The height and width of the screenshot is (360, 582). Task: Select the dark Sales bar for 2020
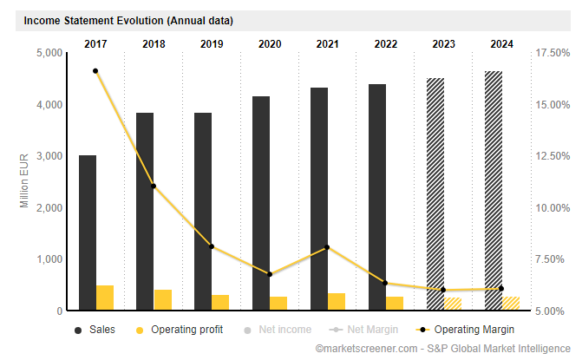pos(261,203)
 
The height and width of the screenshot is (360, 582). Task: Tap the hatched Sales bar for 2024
pos(493,190)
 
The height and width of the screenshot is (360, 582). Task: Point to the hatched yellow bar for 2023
pos(453,304)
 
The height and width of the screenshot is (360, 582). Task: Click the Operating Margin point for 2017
pos(95,71)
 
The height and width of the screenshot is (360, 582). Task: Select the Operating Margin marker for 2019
pos(211,246)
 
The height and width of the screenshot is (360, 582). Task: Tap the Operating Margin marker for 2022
pos(385,284)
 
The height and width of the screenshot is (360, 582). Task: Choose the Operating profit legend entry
pos(177,330)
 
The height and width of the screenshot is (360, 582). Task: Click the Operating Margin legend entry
pos(464,330)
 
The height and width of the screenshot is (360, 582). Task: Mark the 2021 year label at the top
pos(327,43)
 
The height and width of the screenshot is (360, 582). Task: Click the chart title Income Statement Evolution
pos(128,20)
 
